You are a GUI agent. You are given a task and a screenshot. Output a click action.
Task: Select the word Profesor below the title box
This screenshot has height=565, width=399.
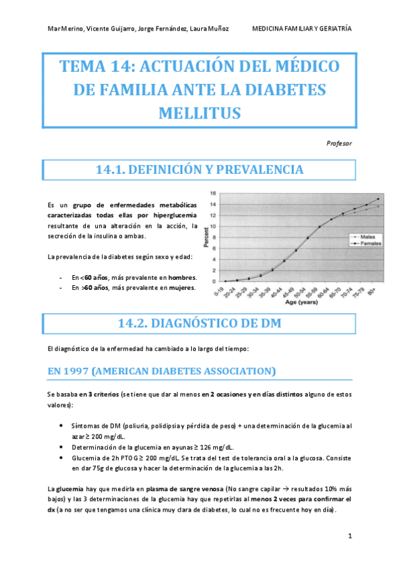pos(340,143)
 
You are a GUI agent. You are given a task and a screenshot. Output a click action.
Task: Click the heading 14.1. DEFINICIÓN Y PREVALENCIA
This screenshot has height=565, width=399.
pos(200,170)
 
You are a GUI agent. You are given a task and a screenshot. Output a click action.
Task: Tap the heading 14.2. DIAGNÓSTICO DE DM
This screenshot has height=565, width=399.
pos(200,323)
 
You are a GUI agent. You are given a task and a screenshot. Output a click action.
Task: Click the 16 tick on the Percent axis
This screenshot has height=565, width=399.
pos(213,194)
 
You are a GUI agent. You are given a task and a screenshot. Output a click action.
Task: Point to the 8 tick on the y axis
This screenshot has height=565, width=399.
pos(213,237)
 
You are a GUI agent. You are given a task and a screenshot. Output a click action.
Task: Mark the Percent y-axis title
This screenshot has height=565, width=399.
pos(206,238)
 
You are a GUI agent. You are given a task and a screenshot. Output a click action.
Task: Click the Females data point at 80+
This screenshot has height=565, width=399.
pos(378,199)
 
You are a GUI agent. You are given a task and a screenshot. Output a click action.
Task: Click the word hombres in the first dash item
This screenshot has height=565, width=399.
pos(181,277)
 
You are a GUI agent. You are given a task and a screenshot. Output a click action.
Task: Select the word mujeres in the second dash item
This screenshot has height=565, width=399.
pos(180,288)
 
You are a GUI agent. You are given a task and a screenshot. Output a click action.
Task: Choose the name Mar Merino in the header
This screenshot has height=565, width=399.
pos(65,29)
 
